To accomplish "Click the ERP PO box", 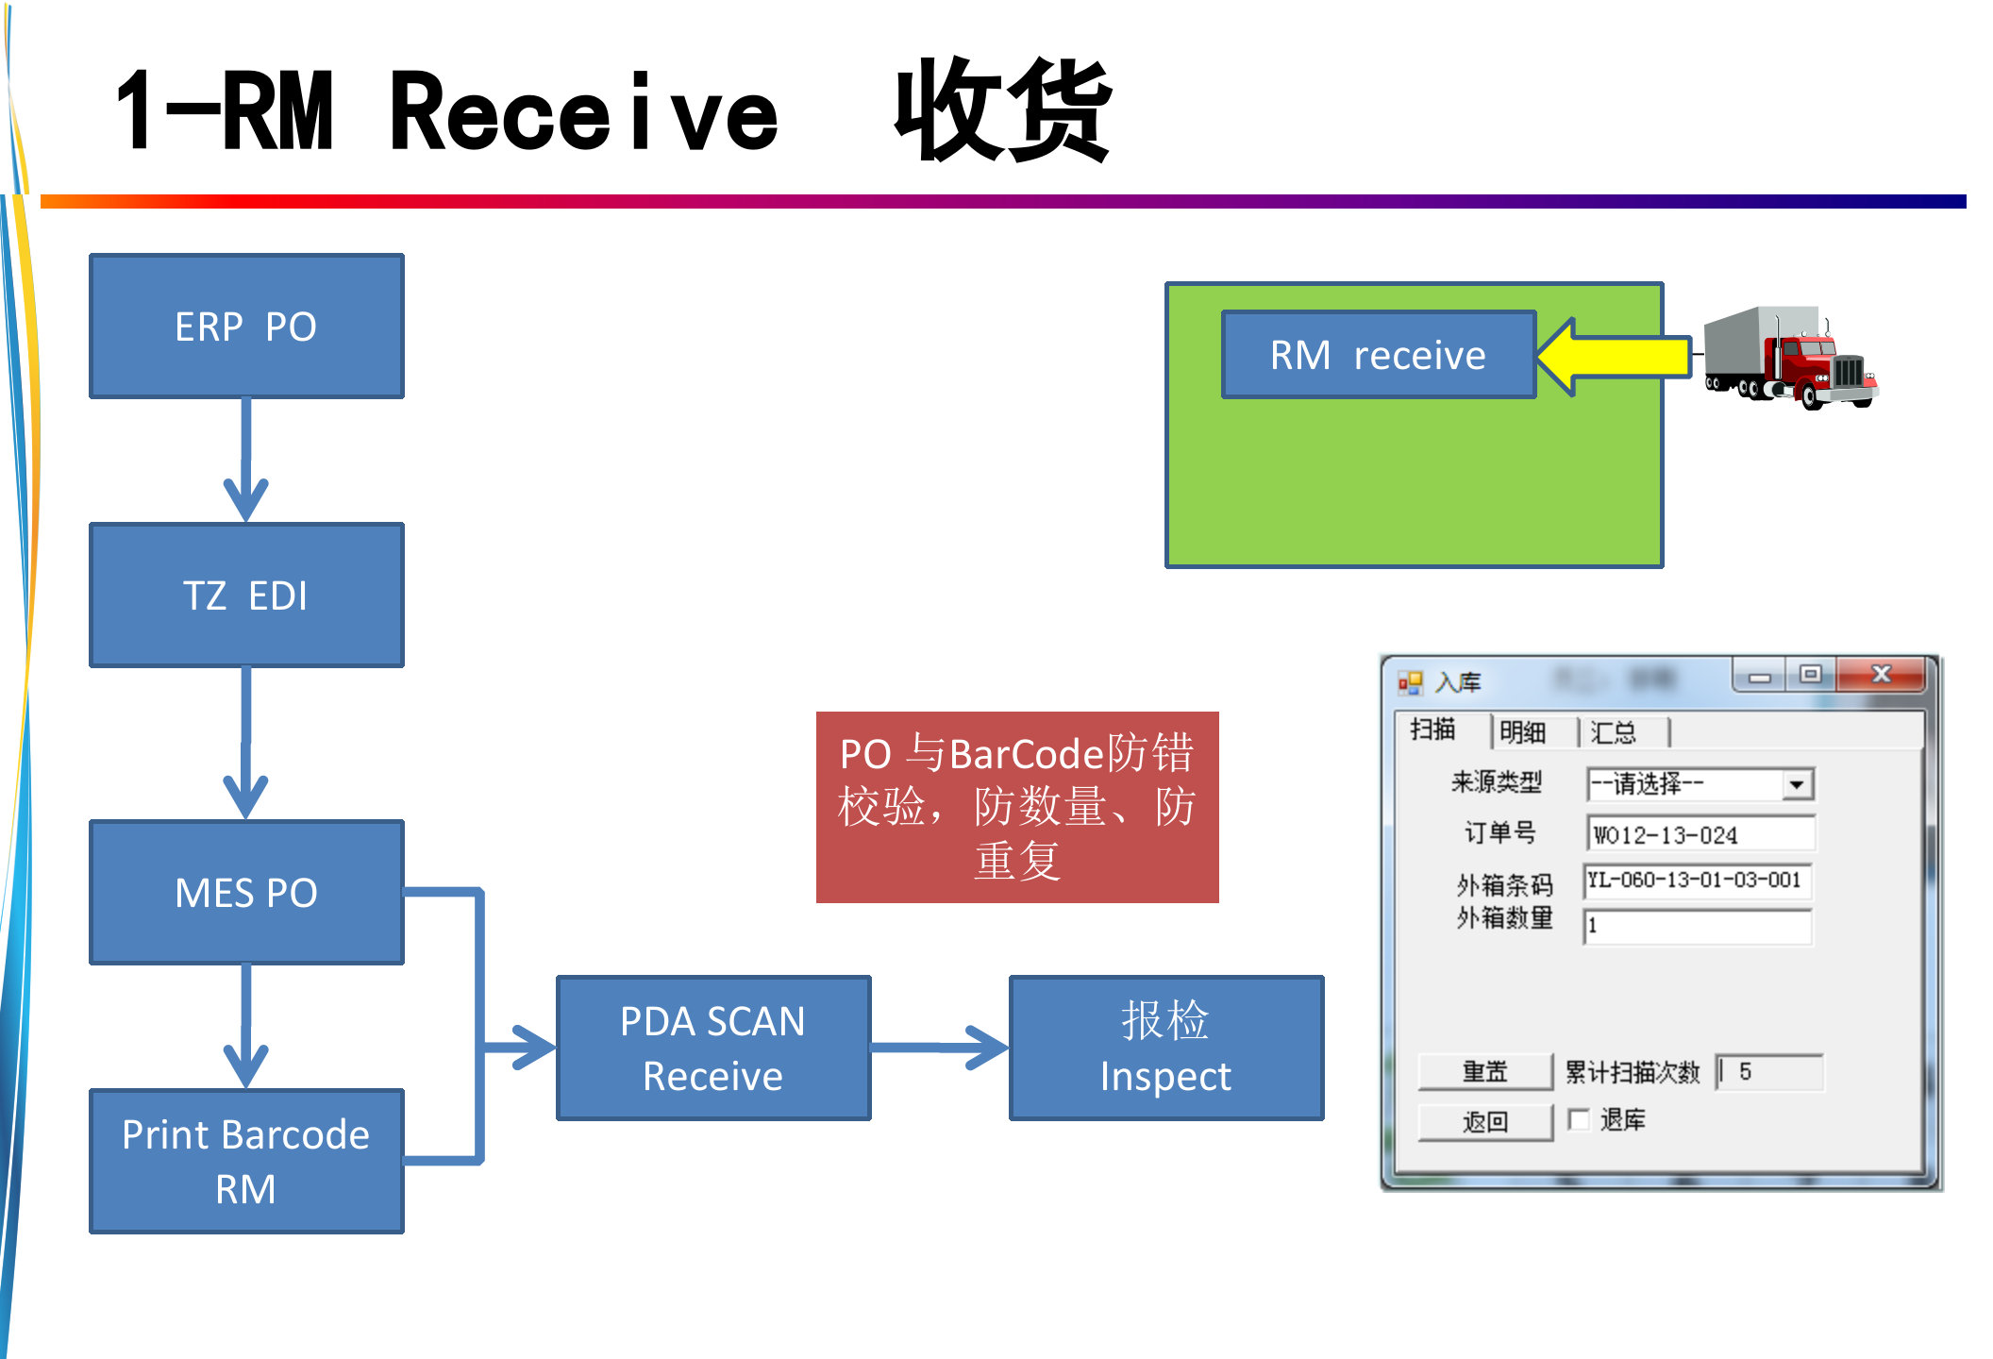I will point(246,327).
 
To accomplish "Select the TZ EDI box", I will point(246,596).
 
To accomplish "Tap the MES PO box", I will point(246,892).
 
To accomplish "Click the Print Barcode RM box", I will point(246,1161).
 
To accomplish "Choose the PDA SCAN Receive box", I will point(713,1048).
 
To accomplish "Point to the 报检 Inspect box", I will point(1166,1048).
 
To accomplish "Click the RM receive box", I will point(1378,355).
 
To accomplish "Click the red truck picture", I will point(1789,359).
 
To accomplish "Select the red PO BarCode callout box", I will point(1017,807).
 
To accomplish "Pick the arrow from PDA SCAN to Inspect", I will point(940,1048).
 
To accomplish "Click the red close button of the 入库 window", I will point(1881,674).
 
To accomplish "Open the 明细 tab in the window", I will point(1523,732).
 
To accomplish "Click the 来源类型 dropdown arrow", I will point(1797,784).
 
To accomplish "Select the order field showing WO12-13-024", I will point(1699,834).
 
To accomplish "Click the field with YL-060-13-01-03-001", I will point(1697,881).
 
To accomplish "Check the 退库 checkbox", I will point(1578,1119).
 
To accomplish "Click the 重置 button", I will point(1485,1071).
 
